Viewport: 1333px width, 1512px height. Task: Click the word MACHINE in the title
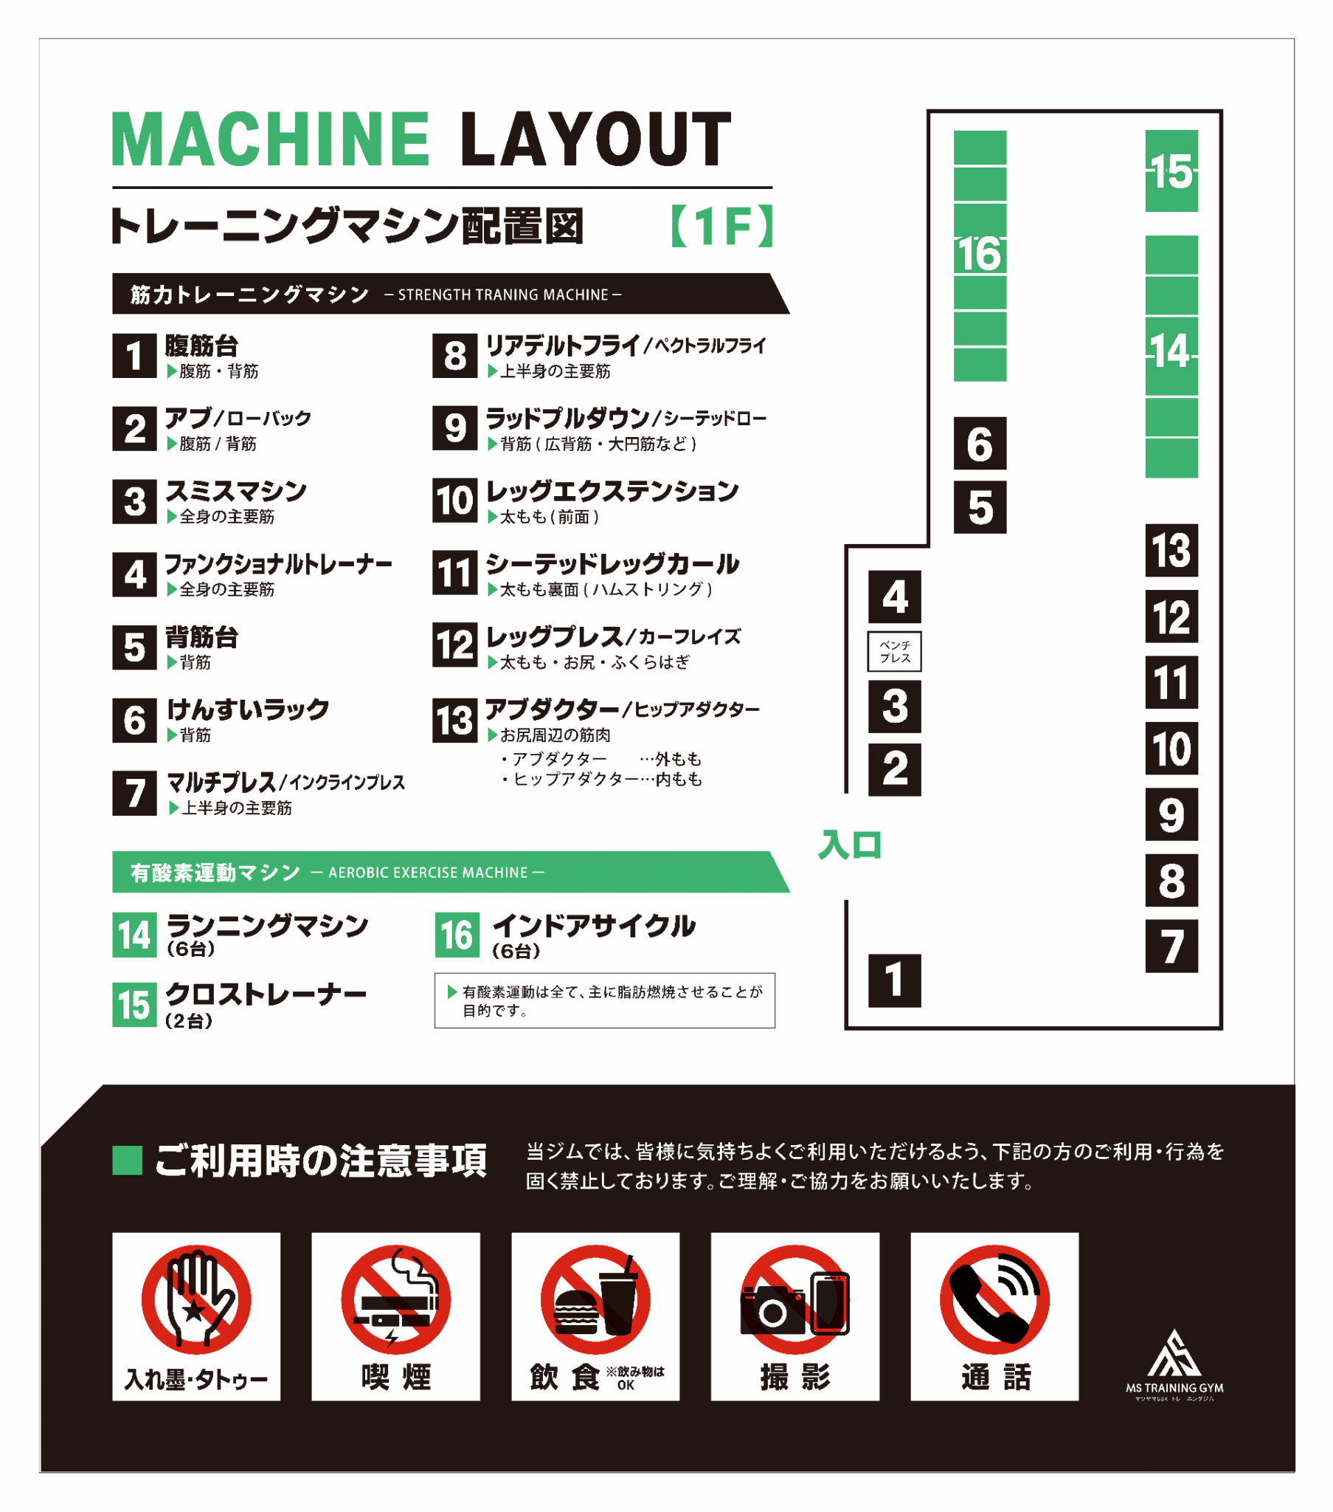tap(271, 139)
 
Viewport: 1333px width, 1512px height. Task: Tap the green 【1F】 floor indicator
tap(722, 227)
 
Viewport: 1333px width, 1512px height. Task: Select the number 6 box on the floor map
tap(980, 443)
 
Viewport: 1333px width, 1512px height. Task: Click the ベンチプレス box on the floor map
tap(895, 651)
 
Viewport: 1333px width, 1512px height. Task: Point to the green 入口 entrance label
tap(851, 845)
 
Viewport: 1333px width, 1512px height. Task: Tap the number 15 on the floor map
tap(1171, 172)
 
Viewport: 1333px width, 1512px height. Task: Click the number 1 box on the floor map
tap(895, 980)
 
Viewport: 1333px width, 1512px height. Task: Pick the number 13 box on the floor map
tap(1171, 550)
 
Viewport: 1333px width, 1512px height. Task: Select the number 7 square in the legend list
tap(134, 793)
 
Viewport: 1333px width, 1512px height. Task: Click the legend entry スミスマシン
tap(236, 490)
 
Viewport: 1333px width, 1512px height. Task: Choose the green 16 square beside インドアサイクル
tap(457, 934)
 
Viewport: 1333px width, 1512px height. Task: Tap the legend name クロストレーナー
tap(266, 994)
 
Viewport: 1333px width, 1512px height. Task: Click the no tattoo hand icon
tap(196, 1299)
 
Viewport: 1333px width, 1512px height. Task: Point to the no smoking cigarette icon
tap(395, 1299)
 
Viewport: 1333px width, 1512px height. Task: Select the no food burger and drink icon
tap(595, 1299)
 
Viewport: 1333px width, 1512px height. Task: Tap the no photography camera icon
tap(794, 1299)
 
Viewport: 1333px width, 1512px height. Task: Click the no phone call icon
tap(994, 1299)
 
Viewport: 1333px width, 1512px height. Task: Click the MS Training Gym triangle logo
tap(1174, 1353)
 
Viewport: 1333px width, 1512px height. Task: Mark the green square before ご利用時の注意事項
tap(126, 1160)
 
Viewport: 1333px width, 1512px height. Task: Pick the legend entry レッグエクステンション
tap(612, 490)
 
